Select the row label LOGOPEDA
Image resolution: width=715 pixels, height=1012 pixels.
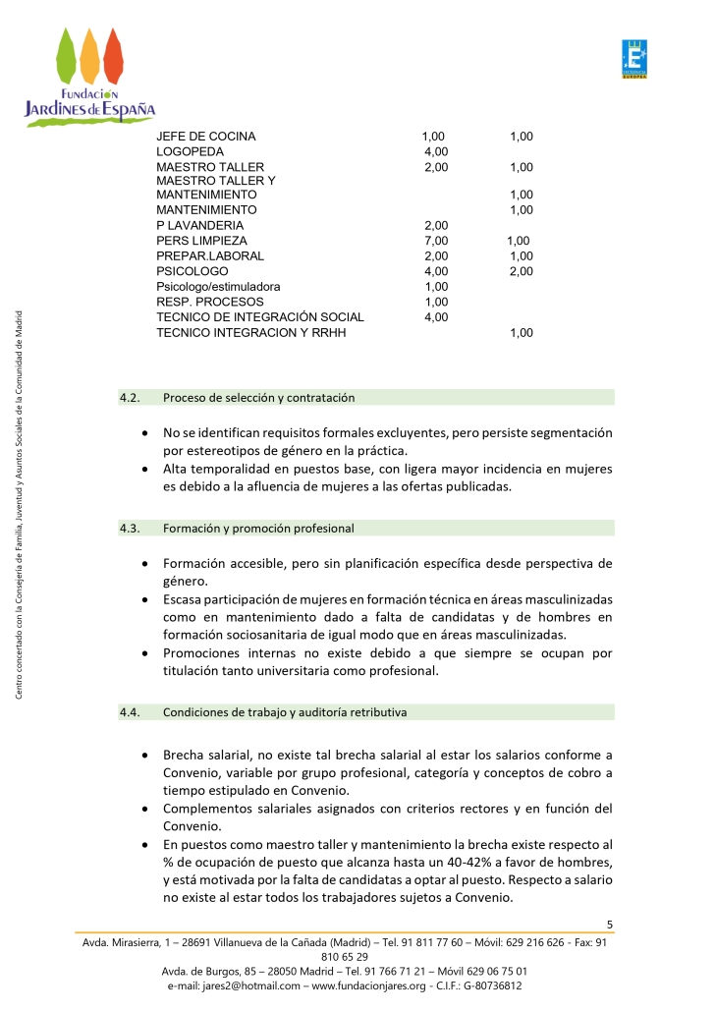(x=190, y=152)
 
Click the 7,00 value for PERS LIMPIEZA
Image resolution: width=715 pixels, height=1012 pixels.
(x=436, y=241)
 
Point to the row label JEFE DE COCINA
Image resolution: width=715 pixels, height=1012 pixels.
(x=205, y=138)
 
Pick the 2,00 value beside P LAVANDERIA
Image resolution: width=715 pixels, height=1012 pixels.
(x=436, y=226)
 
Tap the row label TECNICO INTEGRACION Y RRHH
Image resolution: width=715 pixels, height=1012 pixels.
(x=250, y=333)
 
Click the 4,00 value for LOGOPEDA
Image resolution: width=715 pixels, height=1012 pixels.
(x=436, y=152)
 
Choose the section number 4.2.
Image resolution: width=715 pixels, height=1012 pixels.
(x=131, y=398)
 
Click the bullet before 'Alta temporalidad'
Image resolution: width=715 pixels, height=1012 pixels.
(x=145, y=469)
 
